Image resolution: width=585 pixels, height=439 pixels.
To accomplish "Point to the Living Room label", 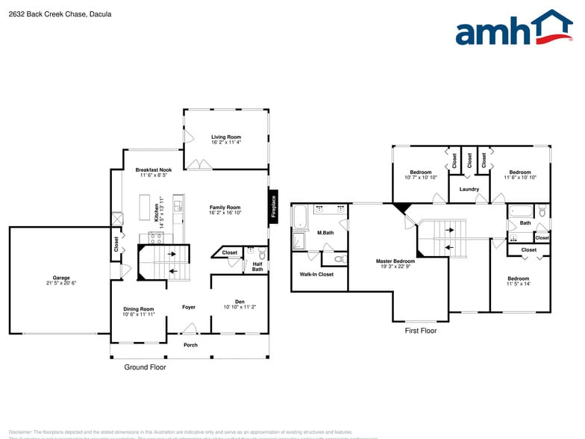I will coord(225,137).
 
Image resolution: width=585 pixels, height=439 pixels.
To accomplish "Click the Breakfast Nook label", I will coord(154,170).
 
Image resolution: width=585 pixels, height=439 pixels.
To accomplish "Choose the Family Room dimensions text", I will coord(225,213).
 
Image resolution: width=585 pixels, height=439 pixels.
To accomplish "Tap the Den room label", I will coord(240,302).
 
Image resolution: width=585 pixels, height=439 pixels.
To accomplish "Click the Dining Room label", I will coord(139,309).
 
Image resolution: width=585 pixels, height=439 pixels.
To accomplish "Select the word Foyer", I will coord(189,307).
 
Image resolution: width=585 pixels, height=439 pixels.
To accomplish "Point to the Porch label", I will coord(191,345).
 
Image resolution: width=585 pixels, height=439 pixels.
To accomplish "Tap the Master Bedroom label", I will coord(395,261).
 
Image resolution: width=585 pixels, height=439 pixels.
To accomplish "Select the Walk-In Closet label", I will coord(316,274).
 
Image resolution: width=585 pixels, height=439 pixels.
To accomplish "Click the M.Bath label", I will coord(325,233).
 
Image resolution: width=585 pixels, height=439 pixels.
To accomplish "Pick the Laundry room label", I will coord(469,189).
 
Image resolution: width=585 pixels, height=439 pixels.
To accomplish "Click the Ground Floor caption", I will coord(145,367).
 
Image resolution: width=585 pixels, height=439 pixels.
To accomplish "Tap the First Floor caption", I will coord(421,330).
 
